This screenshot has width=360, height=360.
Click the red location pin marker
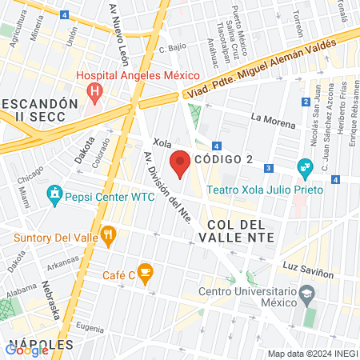click(181, 162)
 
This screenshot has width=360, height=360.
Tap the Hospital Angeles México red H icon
click(95, 91)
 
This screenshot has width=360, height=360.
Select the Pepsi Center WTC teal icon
click(54, 193)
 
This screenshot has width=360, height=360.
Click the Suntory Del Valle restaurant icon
click(110, 234)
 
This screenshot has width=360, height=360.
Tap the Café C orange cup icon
click(144, 274)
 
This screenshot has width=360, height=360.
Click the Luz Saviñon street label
click(308, 268)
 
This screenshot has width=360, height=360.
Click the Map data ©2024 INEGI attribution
click(312, 354)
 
